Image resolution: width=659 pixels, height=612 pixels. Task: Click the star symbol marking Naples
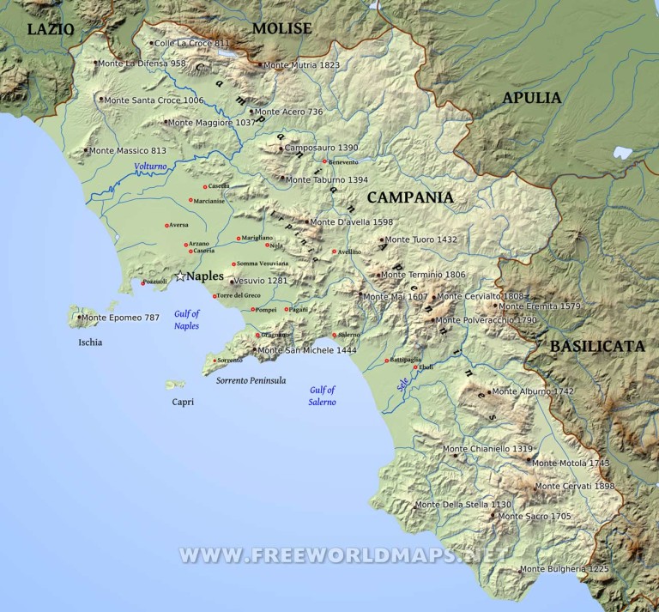pos(180,276)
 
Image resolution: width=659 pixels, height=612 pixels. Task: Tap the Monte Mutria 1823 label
pos(301,65)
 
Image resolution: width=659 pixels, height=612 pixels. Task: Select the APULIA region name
pos(532,98)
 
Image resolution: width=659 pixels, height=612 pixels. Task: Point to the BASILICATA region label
pos(597,347)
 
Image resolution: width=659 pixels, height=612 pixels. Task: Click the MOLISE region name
pos(281,29)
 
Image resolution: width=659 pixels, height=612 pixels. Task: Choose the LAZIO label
pos(51,29)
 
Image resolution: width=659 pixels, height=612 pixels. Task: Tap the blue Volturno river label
pos(150,167)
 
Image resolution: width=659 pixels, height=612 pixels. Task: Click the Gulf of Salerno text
pos(323,396)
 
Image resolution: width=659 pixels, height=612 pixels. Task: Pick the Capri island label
pos(183,402)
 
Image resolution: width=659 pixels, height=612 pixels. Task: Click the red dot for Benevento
pos(325,161)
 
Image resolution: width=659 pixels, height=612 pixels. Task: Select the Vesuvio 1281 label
pos(260,281)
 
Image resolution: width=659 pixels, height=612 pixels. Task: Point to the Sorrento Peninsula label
pos(251,380)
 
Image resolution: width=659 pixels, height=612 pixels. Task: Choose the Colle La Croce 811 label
pos(192,43)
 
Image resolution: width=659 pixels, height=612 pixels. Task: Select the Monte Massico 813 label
pos(128,151)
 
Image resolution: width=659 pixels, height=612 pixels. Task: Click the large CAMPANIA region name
pos(410,197)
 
